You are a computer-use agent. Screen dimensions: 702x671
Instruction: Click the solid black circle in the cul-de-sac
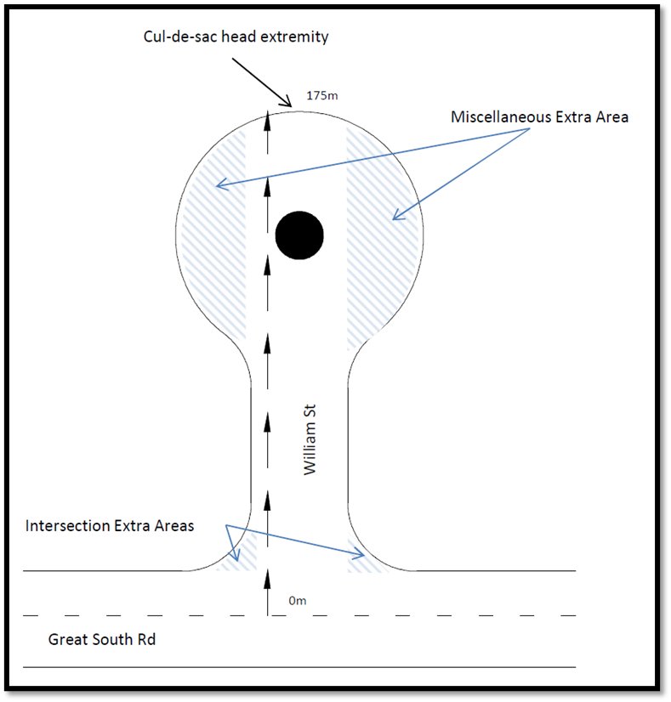299,235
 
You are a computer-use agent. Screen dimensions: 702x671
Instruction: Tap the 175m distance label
321,95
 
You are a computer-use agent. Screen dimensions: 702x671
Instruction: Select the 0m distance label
297,601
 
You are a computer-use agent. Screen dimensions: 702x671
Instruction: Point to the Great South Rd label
102,639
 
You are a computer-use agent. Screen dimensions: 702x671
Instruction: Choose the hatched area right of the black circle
383,238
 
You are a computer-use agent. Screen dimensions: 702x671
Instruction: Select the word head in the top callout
242,37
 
